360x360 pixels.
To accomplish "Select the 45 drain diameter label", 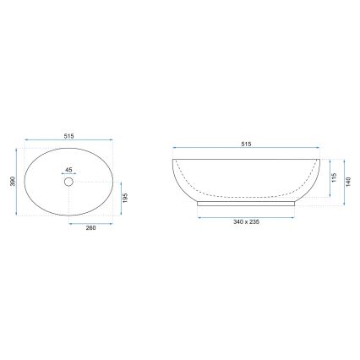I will click(x=69, y=167).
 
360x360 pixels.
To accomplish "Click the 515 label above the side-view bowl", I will click(x=246, y=145).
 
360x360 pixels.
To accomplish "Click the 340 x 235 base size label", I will click(x=246, y=221).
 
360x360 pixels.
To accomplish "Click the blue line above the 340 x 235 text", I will click(x=246, y=215).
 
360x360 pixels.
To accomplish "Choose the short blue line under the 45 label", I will click(x=69, y=172).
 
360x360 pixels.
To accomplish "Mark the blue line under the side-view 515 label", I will click(x=246, y=150).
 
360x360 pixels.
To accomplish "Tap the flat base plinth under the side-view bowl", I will click(x=246, y=203).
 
